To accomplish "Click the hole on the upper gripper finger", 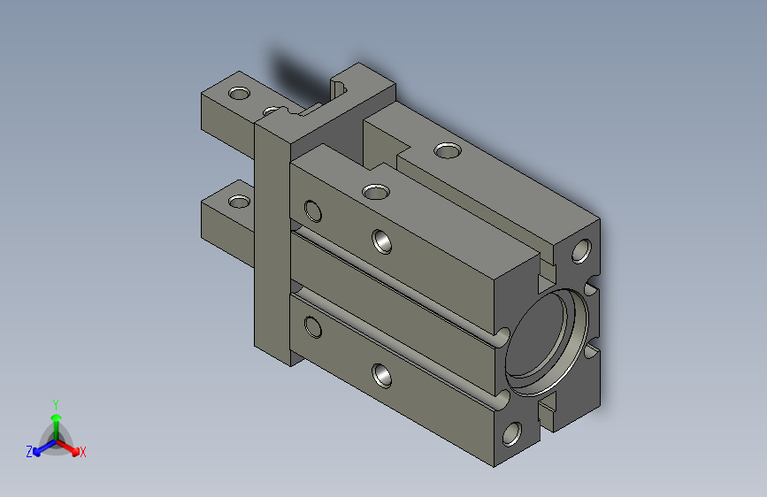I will point(239,93).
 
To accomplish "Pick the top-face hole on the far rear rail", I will point(448,151).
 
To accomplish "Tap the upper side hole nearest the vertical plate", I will point(312,210).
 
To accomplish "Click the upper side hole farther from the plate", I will point(382,241).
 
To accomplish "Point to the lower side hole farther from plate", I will point(383,376).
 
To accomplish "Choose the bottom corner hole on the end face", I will point(512,433).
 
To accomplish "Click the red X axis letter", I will point(83,453).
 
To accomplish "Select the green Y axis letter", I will point(55,401).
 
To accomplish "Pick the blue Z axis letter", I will point(29,451).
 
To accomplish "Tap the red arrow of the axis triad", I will point(71,447).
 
